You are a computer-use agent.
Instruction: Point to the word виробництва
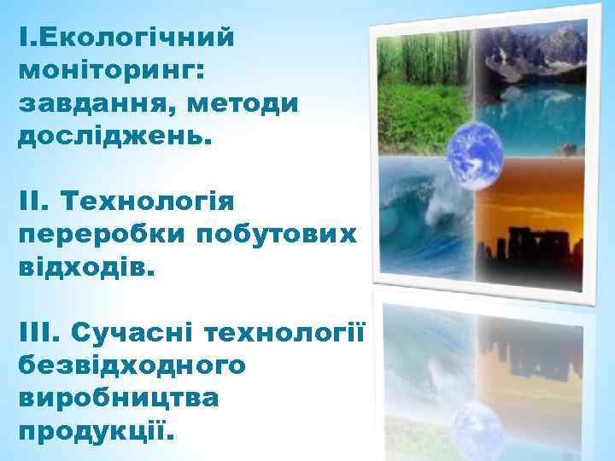[118, 398]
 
